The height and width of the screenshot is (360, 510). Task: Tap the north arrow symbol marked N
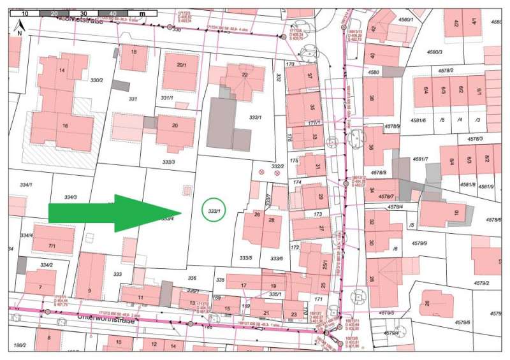click(20, 27)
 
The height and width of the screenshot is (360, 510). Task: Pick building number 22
click(244, 75)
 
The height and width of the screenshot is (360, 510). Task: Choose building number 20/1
click(182, 65)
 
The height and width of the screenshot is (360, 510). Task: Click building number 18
click(133, 52)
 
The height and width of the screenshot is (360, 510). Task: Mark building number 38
click(371, 98)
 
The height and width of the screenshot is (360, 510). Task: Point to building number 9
click(89, 291)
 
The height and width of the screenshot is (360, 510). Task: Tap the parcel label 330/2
click(97, 80)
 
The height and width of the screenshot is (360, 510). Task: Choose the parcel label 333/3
click(169, 162)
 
